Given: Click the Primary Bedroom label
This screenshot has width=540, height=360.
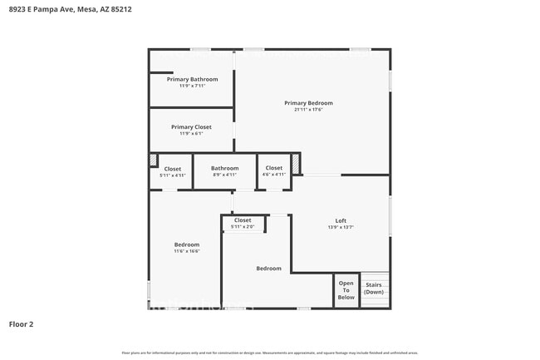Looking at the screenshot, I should click(308, 103).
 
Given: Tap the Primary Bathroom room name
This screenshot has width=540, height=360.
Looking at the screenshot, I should click(192, 79).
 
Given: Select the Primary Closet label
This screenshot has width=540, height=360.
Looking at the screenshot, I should click(191, 127).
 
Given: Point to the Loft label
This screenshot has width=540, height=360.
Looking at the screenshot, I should click(341, 220).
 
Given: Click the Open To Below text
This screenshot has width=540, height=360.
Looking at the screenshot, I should click(346, 290).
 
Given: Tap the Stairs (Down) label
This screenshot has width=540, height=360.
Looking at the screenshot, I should click(374, 288).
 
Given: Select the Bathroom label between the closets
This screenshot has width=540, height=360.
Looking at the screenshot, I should click(224, 168).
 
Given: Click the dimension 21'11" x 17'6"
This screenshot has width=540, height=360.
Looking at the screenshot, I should click(308, 110).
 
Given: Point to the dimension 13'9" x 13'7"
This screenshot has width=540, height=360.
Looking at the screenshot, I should click(341, 227).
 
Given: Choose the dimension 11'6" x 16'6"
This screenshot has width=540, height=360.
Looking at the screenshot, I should click(186, 251).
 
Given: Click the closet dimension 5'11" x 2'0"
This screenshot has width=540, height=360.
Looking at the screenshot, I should click(243, 227).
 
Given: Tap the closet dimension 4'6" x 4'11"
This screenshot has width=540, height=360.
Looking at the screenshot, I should click(273, 175).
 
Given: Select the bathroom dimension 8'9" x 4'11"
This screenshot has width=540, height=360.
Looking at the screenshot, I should click(224, 175).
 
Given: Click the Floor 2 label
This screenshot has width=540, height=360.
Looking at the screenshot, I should click(21, 324).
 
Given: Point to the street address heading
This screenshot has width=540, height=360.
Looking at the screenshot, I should click(70, 9).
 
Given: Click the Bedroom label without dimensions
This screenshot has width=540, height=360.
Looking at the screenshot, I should click(268, 269).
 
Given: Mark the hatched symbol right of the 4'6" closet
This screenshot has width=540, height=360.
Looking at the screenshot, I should click(295, 163).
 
